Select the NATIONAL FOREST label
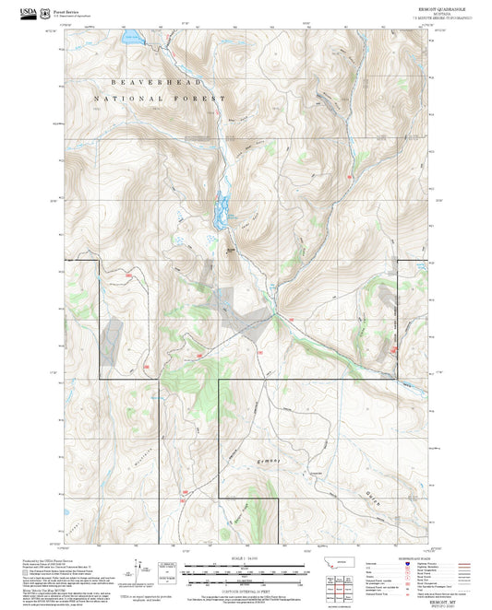(159, 98)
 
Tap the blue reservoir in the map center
(221, 213)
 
